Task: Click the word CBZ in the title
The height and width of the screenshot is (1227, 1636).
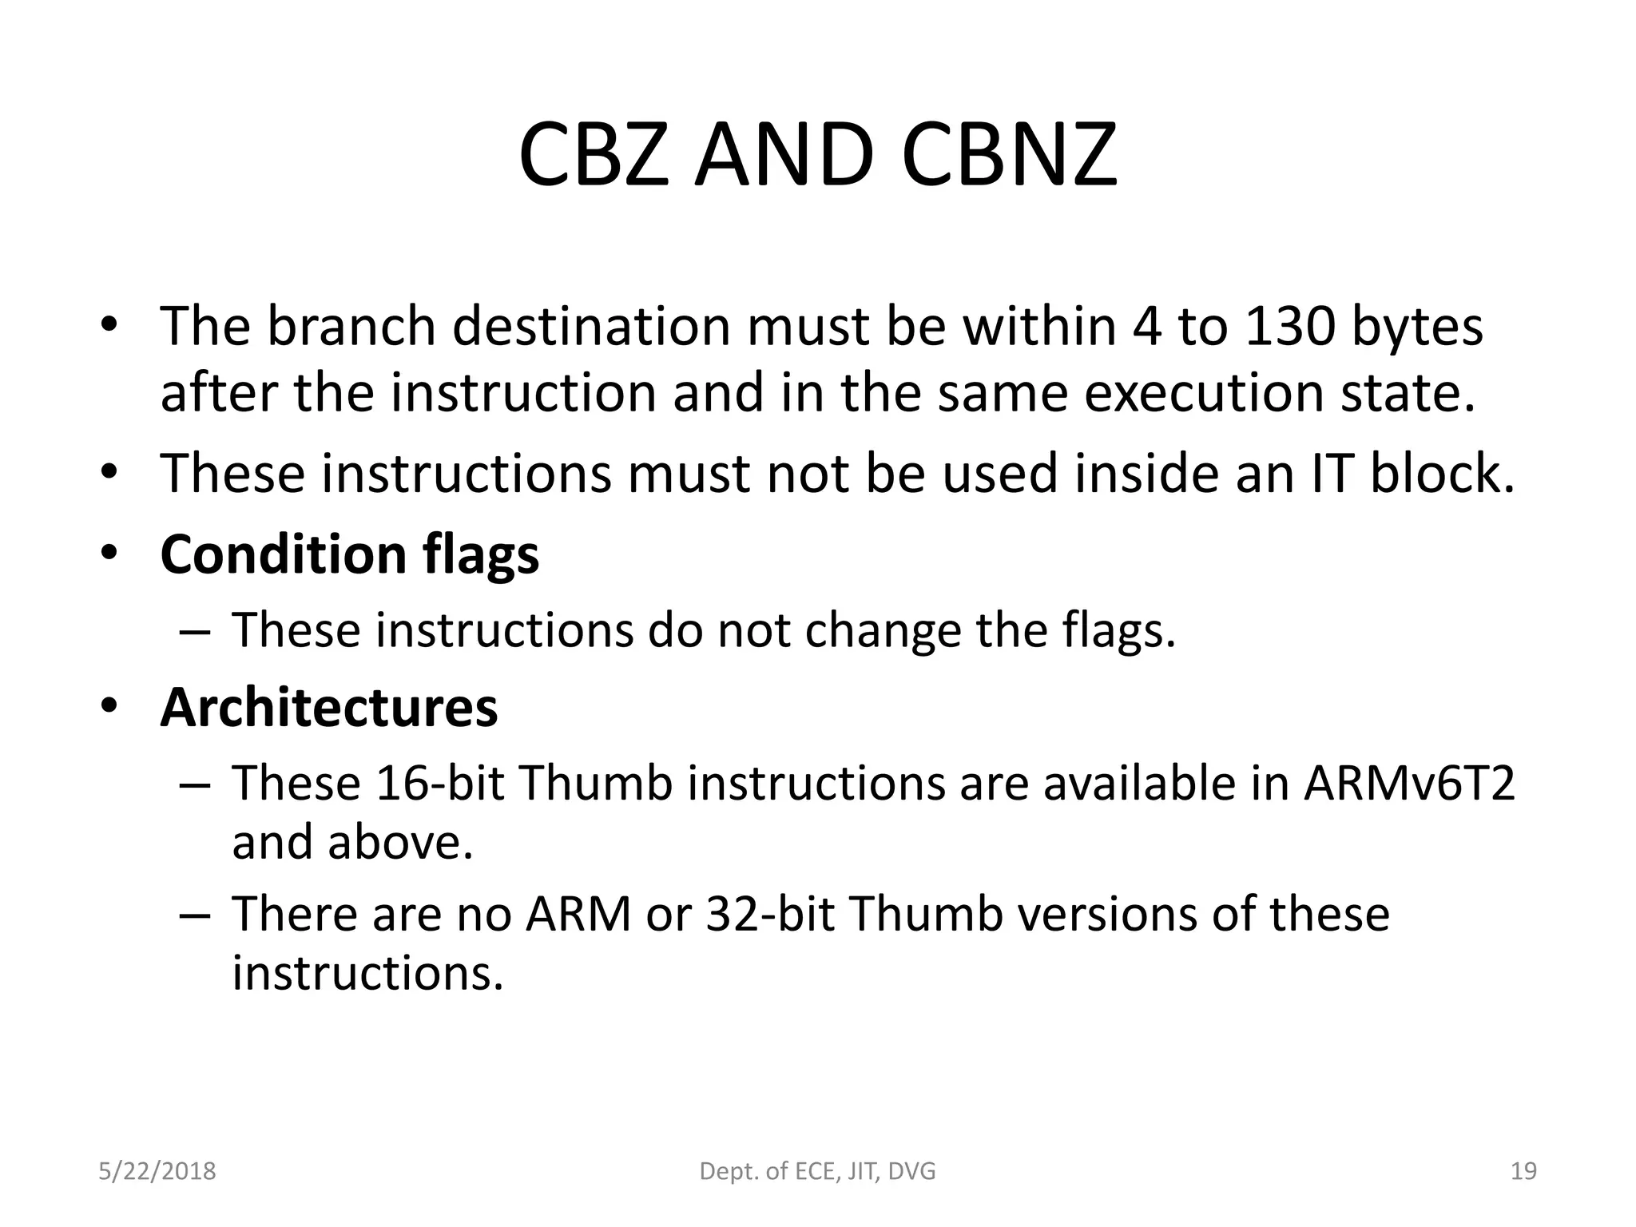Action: (593, 155)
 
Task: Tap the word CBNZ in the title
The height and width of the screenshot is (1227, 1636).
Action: (1009, 155)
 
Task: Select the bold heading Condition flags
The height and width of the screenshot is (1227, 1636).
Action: (349, 554)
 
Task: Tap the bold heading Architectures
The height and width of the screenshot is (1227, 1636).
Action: (328, 708)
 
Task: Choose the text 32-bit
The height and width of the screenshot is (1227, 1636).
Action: (770, 914)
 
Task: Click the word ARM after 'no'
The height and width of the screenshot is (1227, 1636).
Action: (578, 914)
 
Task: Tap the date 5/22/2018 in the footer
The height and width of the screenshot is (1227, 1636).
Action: (157, 1171)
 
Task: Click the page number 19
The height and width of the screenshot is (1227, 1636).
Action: (1523, 1171)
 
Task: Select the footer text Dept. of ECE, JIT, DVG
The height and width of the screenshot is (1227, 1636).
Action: (817, 1171)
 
